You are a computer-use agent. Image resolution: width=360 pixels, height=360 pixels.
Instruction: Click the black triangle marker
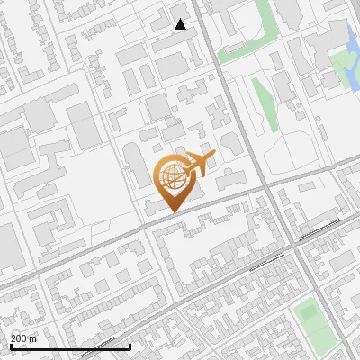point(181,24)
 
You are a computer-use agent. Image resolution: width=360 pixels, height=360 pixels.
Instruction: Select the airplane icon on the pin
point(198,165)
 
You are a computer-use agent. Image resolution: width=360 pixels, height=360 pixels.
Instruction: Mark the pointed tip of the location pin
point(171,211)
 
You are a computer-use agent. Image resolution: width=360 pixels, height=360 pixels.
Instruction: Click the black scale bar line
point(70,346)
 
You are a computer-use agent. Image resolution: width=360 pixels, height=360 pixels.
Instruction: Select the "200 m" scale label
point(24,337)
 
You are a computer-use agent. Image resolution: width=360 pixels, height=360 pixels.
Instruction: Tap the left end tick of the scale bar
point(11,346)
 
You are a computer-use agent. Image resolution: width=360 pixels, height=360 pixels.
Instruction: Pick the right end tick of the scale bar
point(130,346)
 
